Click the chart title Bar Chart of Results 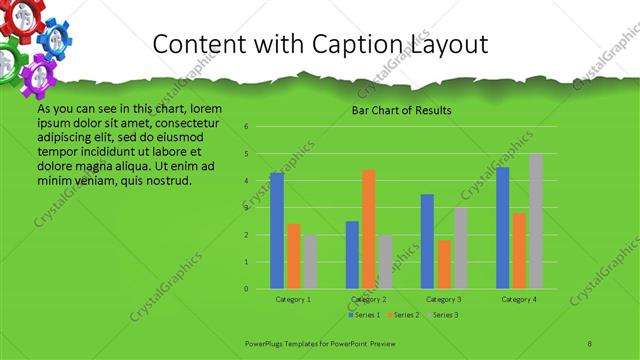401,110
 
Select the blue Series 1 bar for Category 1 277,230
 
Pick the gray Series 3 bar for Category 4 536,221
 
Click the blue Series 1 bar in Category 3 427,241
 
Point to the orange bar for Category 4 519,250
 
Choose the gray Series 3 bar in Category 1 310,261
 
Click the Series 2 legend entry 402,316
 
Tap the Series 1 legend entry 365,316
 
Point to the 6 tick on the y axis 246,127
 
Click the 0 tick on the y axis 246,289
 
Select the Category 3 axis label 443,299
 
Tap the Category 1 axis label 293,299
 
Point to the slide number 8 590,343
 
